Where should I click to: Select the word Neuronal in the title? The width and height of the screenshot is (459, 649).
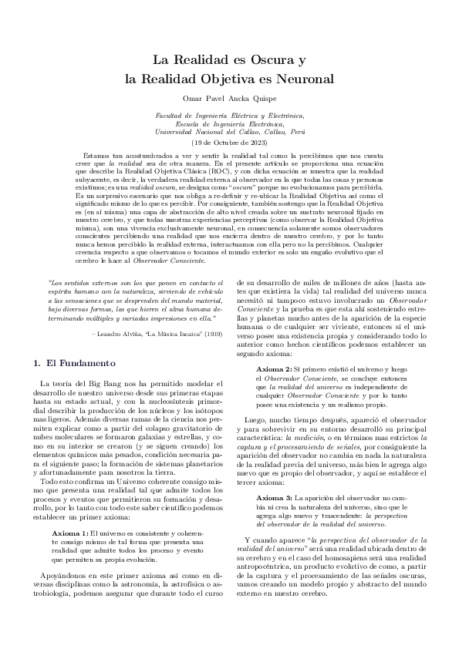[303, 78]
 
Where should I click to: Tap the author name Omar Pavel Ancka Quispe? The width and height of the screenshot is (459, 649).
[229, 98]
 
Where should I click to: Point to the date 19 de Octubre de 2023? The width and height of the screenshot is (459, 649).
[229, 143]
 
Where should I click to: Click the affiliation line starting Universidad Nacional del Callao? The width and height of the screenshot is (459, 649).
[229, 132]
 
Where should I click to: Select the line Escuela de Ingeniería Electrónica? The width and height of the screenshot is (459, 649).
[229, 123]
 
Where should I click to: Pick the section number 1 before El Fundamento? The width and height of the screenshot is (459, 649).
[39, 362]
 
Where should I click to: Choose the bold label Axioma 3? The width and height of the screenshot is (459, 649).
[275, 477]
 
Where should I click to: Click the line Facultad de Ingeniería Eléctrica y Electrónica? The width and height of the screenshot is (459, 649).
[229, 115]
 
